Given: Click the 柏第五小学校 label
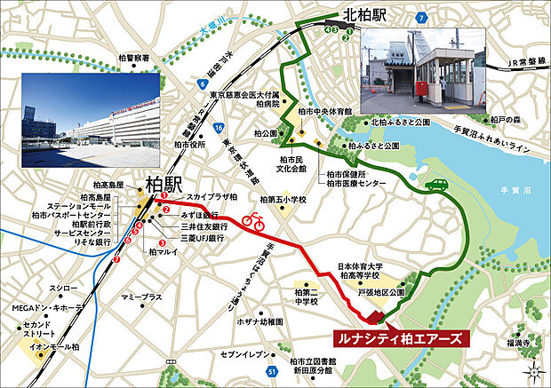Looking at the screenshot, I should [x=280, y=200].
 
